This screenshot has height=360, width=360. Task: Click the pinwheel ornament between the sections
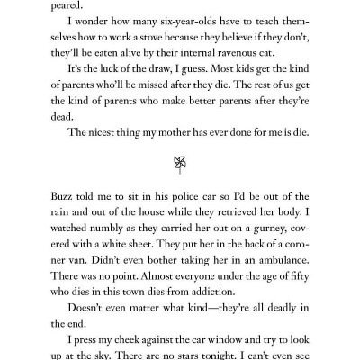179,162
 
